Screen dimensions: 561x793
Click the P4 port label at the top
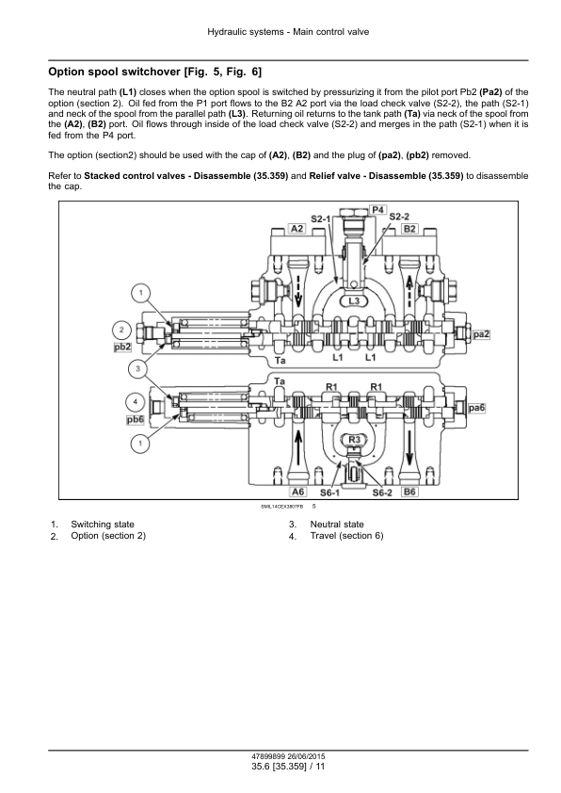pyautogui.click(x=378, y=209)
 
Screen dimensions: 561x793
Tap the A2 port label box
pyautogui.click(x=297, y=229)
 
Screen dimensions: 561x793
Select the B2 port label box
pyautogui.click(x=409, y=229)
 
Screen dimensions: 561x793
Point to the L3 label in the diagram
pyautogui.click(x=354, y=301)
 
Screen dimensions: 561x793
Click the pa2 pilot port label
pyautogui.click(x=481, y=334)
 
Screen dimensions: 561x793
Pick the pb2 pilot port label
pyautogui.click(x=122, y=347)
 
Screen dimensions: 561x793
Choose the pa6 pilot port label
pyautogui.click(x=476, y=408)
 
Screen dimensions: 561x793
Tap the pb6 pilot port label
pyautogui.click(x=136, y=420)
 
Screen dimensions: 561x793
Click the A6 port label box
pyautogui.click(x=298, y=492)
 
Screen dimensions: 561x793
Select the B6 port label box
pyautogui.click(x=409, y=492)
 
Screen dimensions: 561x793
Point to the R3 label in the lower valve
pyautogui.click(x=355, y=440)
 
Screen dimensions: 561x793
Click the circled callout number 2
pyautogui.click(x=121, y=331)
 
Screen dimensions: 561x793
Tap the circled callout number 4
pyautogui.click(x=135, y=402)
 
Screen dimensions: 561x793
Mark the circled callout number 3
pyautogui.click(x=138, y=368)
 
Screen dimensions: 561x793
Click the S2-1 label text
pyautogui.click(x=320, y=219)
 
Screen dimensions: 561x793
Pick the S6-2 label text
pyautogui.click(x=382, y=493)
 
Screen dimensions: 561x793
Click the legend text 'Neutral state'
pyautogui.click(x=337, y=525)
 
